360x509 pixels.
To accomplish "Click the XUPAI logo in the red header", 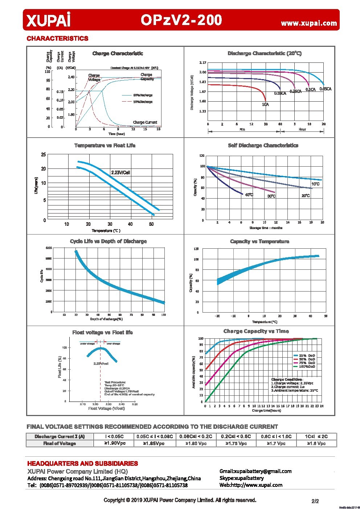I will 48,20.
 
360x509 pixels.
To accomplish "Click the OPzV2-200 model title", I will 181,20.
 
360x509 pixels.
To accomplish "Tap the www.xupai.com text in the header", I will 309,23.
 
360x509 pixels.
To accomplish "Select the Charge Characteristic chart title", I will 118,53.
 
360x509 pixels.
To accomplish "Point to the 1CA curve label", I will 265,105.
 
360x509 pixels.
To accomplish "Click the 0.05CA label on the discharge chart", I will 325,89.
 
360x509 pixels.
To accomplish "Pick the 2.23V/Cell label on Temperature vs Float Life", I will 120,172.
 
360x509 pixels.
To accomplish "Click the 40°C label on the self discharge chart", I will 249,195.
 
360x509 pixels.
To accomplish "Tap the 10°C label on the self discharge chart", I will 315,184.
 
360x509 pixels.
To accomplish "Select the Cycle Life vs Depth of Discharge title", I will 108,241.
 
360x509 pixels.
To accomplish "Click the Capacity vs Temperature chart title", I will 259,241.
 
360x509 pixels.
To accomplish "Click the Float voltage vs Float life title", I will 102,333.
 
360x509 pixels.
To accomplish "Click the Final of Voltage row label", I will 60,443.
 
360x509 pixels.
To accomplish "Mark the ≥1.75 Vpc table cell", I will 236,443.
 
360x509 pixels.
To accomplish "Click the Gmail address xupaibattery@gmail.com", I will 255,471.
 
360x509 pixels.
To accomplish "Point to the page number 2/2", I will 315,501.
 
